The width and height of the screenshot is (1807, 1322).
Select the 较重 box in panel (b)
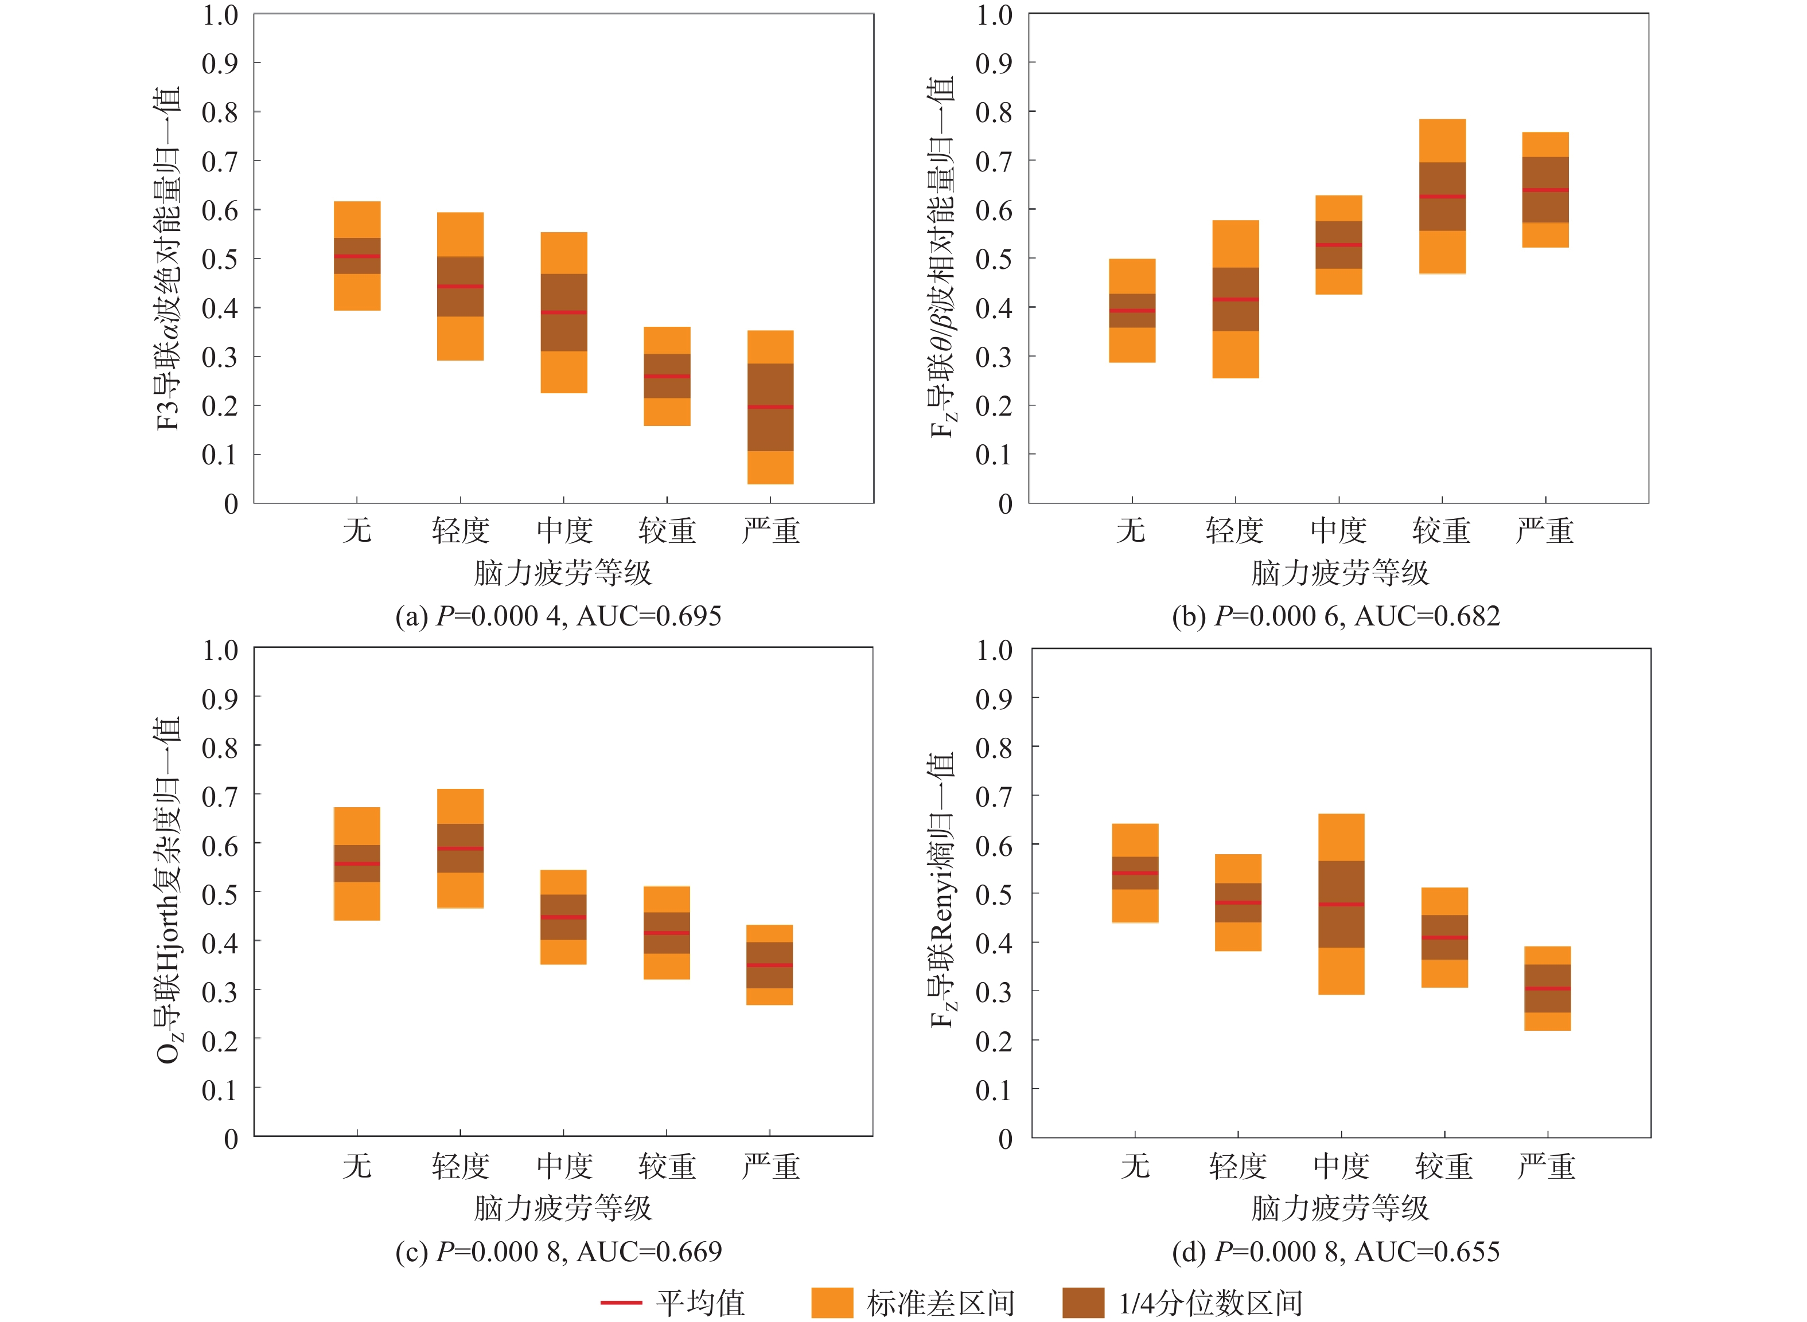1442,197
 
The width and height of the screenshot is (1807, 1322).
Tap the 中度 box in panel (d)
1341,904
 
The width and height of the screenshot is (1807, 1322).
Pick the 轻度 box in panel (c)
461,848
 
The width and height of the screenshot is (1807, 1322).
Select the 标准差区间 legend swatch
832,1303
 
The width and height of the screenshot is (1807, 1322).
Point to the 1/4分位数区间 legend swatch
1082,1303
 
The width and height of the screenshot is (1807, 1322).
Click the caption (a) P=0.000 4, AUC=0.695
558,616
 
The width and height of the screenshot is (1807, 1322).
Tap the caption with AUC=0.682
1335,616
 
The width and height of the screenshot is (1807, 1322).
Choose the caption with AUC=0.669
558,1251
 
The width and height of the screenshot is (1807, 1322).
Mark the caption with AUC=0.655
1335,1251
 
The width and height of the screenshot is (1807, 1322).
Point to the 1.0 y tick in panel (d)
994,651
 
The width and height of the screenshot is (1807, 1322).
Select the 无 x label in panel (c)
357,1166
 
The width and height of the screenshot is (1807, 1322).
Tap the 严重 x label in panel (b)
1544,530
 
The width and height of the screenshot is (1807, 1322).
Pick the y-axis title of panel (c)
168,888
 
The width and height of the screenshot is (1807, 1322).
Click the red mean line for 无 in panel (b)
1132,311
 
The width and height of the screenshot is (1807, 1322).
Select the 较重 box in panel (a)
667,376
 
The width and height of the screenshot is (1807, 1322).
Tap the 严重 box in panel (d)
1547,988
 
